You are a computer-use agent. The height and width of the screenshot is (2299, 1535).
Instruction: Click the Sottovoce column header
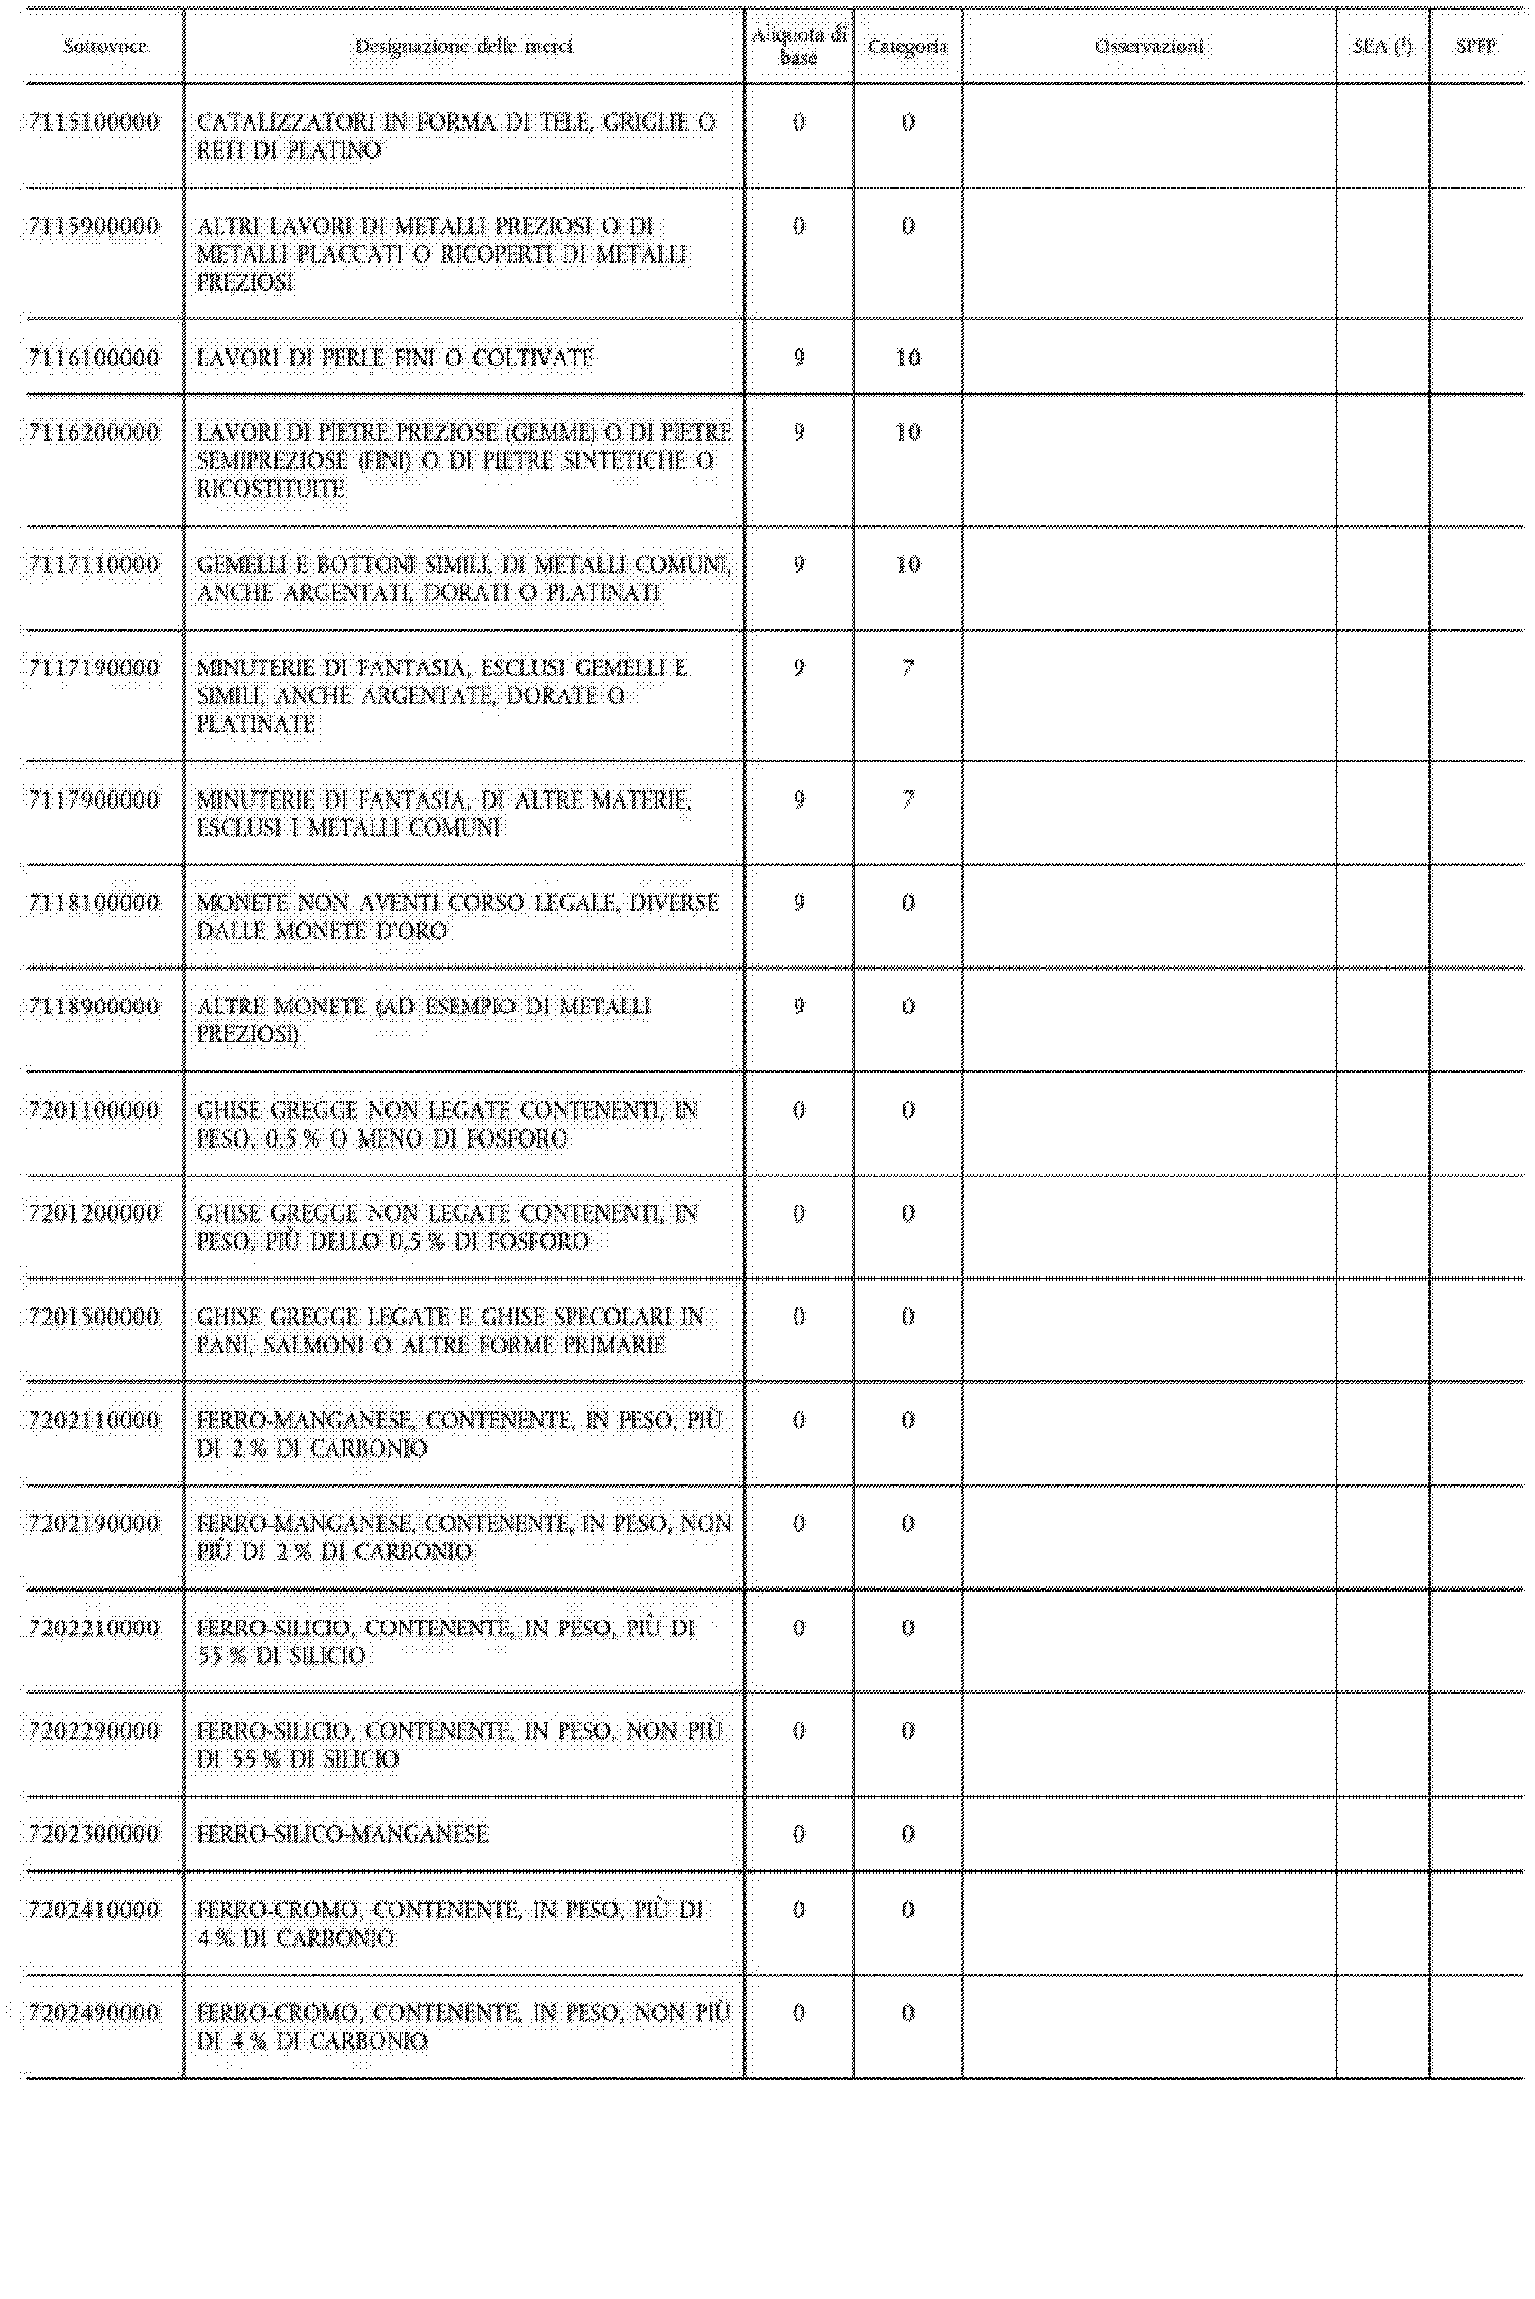click(x=105, y=46)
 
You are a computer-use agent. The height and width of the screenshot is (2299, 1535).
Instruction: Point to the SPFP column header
click(x=1475, y=46)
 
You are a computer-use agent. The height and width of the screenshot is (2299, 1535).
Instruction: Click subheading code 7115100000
click(x=94, y=123)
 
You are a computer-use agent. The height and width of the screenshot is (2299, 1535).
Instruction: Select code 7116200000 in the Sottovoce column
click(x=94, y=433)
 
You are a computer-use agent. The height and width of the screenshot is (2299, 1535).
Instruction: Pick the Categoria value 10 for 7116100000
click(x=907, y=358)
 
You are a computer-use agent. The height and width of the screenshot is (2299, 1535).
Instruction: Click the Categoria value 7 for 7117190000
click(x=907, y=669)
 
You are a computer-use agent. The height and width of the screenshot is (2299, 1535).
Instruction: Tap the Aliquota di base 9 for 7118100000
click(x=799, y=903)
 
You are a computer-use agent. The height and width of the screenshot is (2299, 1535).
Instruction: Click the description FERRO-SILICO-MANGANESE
click(x=343, y=1834)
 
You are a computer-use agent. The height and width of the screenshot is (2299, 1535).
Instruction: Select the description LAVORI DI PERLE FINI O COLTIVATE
click(x=396, y=358)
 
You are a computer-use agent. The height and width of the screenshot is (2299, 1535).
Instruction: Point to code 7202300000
click(x=94, y=1834)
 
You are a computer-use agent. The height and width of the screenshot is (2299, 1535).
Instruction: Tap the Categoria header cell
click(x=907, y=46)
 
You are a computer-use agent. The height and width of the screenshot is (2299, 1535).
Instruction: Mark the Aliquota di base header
click(x=799, y=46)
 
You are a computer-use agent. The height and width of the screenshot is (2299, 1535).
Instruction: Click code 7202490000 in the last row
click(x=94, y=2013)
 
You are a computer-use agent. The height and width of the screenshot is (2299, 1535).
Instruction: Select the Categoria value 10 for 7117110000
click(x=907, y=565)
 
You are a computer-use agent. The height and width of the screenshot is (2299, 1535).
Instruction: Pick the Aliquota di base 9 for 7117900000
click(x=799, y=800)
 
